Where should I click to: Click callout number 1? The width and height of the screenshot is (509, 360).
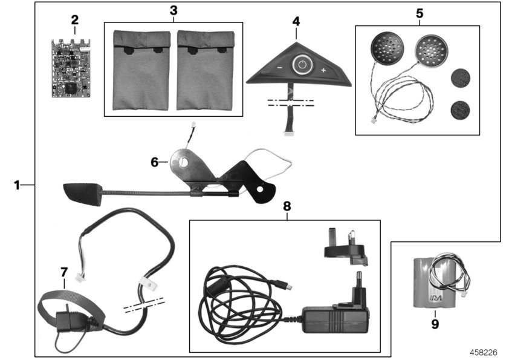click(x=18, y=184)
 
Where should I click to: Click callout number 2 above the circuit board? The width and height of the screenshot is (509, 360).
click(x=74, y=20)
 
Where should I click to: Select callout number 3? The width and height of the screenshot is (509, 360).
click(x=173, y=10)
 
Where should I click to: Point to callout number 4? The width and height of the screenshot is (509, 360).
click(x=296, y=21)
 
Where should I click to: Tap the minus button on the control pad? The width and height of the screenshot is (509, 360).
click(x=279, y=69)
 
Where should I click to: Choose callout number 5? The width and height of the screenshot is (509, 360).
click(x=419, y=13)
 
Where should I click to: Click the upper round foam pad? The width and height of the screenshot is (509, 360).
click(x=461, y=79)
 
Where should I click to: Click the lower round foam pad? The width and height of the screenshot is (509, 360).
click(x=461, y=110)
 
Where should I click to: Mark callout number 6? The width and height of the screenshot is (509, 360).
click(x=155, y=162)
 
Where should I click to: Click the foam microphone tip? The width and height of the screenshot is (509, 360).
click(x=82, y=194)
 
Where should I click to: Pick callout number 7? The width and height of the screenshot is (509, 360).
click(x=63, y=272)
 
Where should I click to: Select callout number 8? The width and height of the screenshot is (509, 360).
click(x=287, y=206)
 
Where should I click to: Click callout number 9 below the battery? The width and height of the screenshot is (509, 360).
click(x=435, y=324)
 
